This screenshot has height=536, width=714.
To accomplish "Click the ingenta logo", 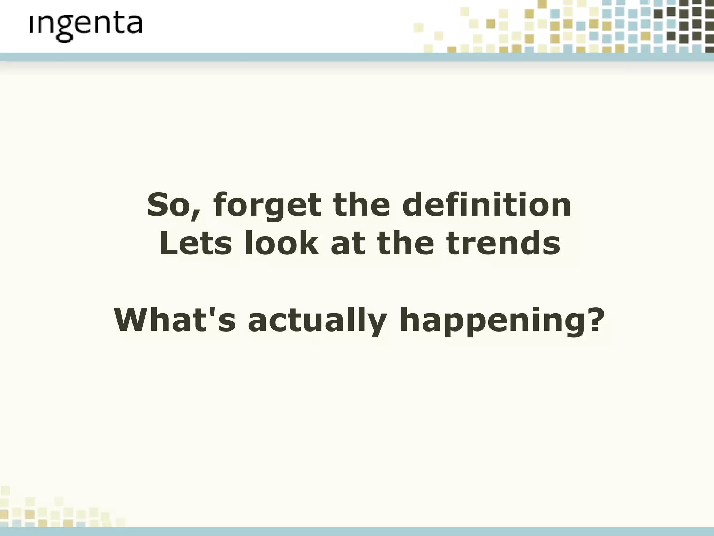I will point(86,27).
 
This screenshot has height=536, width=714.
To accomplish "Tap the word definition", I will point(487,205).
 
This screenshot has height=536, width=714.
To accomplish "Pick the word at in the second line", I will point(347,244).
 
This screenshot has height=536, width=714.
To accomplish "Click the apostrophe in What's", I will point(213,311).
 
